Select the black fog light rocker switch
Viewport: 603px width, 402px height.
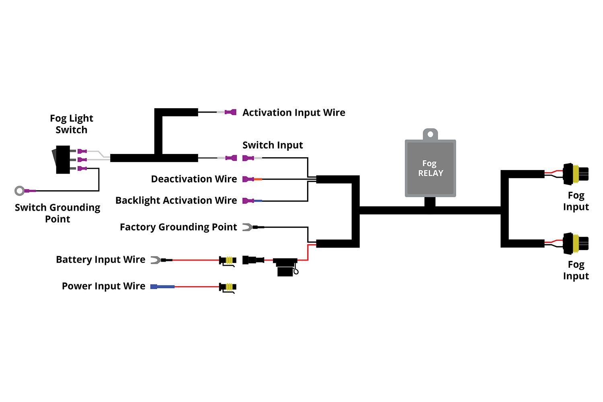62,160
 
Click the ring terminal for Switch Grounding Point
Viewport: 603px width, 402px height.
20,191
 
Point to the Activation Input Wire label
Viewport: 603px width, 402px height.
293,113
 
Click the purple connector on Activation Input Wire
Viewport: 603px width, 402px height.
231,112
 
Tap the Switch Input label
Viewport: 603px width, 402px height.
273,145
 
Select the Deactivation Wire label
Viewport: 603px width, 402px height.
194,179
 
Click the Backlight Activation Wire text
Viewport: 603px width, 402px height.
176,200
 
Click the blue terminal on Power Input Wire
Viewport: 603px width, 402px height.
162,287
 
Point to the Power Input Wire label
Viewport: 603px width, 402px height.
103,286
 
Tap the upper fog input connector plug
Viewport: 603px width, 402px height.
575,174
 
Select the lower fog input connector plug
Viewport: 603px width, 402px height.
575,243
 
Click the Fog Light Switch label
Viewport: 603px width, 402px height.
71,124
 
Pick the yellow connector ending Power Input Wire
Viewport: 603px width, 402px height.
228,287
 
